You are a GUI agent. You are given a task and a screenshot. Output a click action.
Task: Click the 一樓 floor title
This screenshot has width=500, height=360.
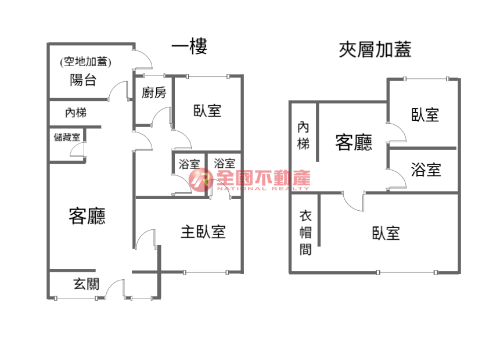pyautogui.click(x=189, y=46)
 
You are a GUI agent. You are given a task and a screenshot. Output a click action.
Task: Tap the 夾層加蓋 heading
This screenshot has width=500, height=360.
pyautogui.click(x=375, y=50)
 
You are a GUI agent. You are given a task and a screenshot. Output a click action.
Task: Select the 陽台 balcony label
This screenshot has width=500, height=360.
pyautogui.click(x=83, y=80)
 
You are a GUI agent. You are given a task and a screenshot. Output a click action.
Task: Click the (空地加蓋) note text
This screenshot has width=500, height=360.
pyautogui.click(x=85, y=62)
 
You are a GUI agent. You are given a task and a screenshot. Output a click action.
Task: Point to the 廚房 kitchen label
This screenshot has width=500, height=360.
pyautogui.click(x=154, y=93)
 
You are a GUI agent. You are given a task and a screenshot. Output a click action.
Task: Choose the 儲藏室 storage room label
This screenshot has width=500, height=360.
pyautogui.click(x=67, y=138)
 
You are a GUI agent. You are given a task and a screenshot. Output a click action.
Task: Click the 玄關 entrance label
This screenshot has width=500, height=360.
pyautogui.click(x=87, y=284)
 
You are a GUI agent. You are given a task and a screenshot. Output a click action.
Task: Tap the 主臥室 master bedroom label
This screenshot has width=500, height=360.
pyautogui.click(x=203, y=232)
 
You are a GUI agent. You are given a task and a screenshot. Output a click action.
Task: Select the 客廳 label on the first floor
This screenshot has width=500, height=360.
pyautogui.click(x=87, y=216)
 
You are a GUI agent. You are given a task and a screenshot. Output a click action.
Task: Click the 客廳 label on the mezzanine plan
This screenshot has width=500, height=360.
pyautogui.click(x=354, y=142)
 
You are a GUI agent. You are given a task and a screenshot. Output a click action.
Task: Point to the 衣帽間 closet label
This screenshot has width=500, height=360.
pyautogui.click(x=305, y=233)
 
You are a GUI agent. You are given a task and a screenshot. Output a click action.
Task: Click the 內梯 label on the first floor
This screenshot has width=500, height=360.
pyautogui.click(x=75, y=113)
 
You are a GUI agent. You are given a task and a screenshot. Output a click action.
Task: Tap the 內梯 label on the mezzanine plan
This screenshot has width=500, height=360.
pyautogui.click(x=303, y=136)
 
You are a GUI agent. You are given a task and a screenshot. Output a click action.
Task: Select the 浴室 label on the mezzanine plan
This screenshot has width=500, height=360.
pyautogui.click(x=426, y=170)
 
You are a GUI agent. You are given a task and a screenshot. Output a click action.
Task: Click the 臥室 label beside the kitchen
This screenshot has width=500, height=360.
pyautogui.click(x=207, y=111)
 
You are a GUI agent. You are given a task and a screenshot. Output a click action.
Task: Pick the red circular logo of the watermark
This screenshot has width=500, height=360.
pyautogui.click(x=200, y=180)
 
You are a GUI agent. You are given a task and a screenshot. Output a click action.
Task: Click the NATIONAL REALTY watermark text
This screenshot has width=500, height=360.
pyautogui.click(x=263, y=189)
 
